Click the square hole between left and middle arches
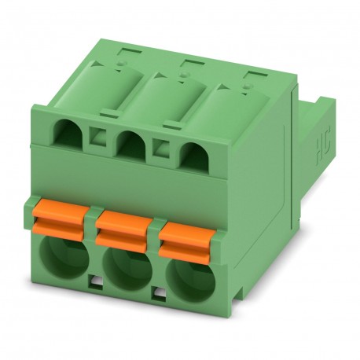pyautogui.click(x=100, y=139)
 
